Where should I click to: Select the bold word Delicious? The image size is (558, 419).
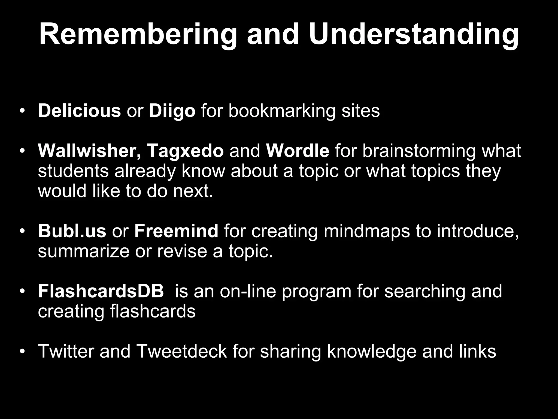pyautogui.click(x=79, y=111)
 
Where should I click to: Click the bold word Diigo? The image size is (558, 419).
pyautogui.click(x=172, y=111)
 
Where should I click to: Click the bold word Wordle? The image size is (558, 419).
pyautogui.click(x=297, y=151)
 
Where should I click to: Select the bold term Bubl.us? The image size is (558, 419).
pyautogui.click(x=72, y=231)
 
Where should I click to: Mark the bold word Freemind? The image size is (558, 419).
pyautogui.click(x=176, y=231)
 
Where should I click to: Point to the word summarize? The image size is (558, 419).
pyautogui.click(x=83, y=251)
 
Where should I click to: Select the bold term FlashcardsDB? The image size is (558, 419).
pyautogui.click(x=101, y=291)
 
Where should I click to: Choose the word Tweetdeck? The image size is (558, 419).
pyautogui.click(x=181, y=351)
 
